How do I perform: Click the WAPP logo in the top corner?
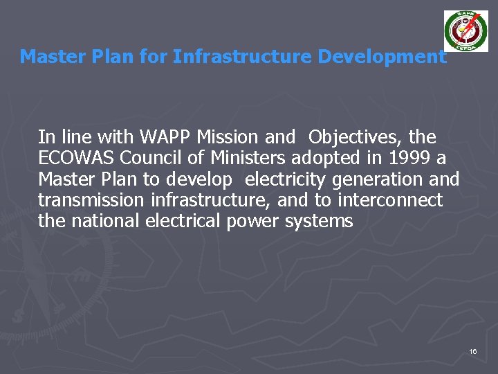point(465,32)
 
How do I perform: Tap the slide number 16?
point(473,352)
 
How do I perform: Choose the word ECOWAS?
point(77,158)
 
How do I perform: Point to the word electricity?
point(286,179)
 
